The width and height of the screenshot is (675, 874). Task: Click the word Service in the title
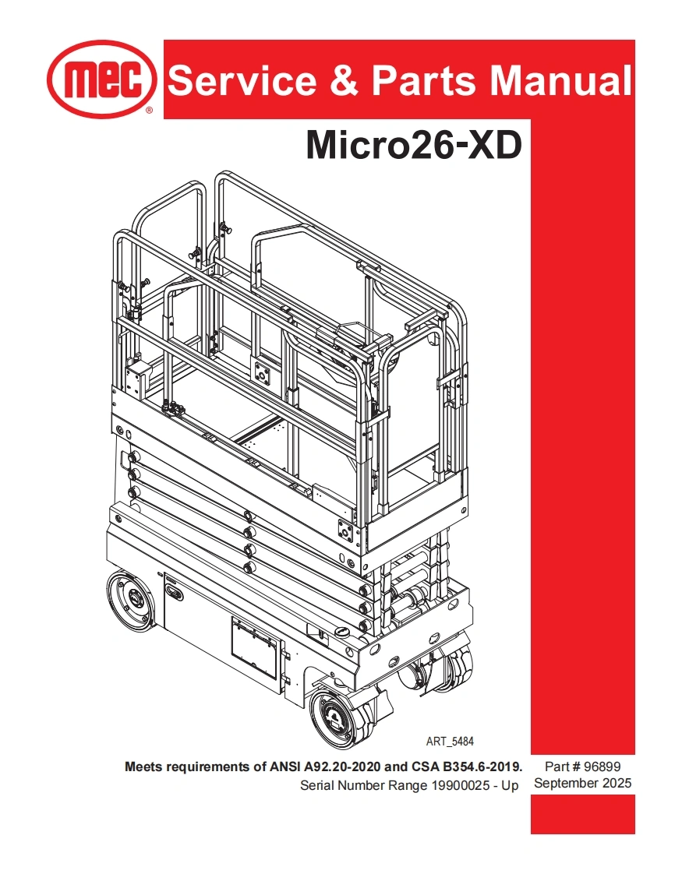coord(242,80)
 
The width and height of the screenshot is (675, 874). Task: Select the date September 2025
coord(582,783)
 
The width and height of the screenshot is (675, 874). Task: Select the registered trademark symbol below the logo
coord(149,111)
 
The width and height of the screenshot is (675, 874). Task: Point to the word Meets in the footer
coord(143,767)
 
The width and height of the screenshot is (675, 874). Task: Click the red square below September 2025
coord(582,814)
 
